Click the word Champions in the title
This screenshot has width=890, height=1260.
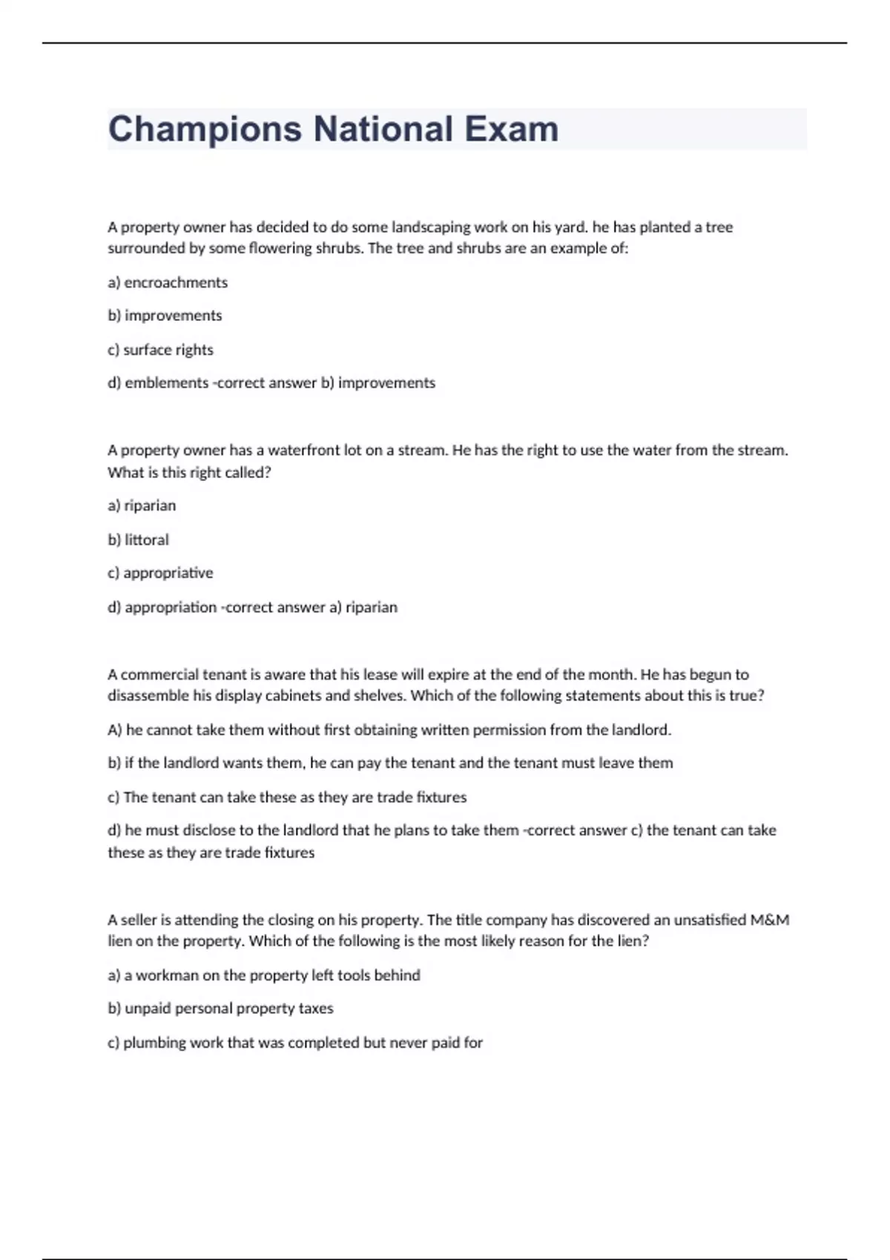pyautogui.click(x=205, y=130)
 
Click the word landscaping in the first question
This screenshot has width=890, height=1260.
pyautogui.click(x=429, y=228)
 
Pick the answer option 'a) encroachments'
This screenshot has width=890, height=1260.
pyautogui.click(x=168, y=282)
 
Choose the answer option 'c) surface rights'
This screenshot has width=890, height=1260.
pyautogui.click(x=160, y=350)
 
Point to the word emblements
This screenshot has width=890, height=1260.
pyautogui.click(x=166, y=383)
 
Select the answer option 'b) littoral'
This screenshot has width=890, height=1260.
pyautogui.click(x=138, y=540)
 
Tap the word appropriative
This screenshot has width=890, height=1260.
pyautogui.click(x=168, y=573)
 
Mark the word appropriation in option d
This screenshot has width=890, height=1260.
pyautogui.click(x=171, y=607)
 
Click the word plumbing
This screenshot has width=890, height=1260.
pyautogui.click(x=154, y=1043)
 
